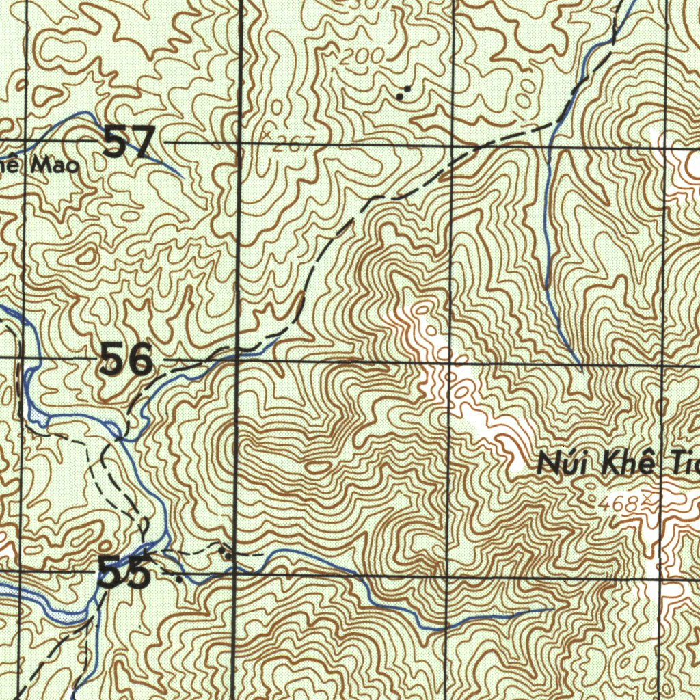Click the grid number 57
point(129,144)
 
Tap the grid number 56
point(126,360)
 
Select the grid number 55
point(124,572)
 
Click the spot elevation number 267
point(294,144)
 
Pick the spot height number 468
point(617,504)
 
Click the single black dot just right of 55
point(180,579)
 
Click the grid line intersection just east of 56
point(237,358)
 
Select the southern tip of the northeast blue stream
point(580,364)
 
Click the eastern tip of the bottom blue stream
point(551,608)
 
